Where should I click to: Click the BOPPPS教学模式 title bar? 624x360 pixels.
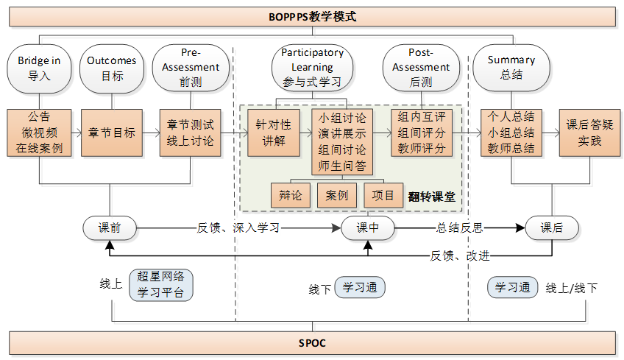[x=312, y=15]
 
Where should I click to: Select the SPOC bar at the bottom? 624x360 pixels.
[x=312, y=343]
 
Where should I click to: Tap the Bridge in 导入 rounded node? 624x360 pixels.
[x=39, y=68]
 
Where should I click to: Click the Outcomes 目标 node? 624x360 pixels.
[x=111, y=68]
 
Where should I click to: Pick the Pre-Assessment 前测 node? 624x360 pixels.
[x=189, y=67]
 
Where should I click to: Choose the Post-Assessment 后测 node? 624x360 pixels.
[x=420, y=67]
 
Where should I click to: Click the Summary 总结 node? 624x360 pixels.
[x=511, y=68]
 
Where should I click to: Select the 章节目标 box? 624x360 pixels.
[x=111, y=133]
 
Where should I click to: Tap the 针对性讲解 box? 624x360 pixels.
[x=273, y=133]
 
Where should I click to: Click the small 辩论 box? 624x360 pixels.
[x=291, y=196]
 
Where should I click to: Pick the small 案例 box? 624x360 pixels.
[x=337, y=196]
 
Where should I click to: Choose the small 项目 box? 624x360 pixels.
[x=383, y=196]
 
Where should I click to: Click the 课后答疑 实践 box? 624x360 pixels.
[x=584, y=133]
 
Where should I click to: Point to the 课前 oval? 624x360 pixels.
[x=110, y=228]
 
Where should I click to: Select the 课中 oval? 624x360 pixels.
[x=368, y=228]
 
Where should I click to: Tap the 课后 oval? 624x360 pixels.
[x=551, y=228]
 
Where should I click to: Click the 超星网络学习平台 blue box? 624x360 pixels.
[x=161, y=285]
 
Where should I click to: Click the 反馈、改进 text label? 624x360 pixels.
[x=459, y=255]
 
